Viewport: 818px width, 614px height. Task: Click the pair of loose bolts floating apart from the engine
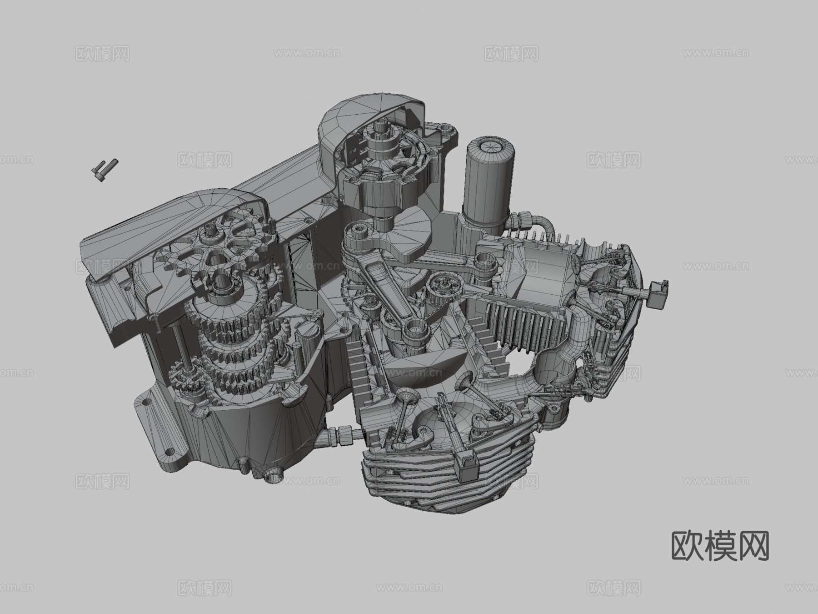105,169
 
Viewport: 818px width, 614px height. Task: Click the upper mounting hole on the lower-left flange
147,403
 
